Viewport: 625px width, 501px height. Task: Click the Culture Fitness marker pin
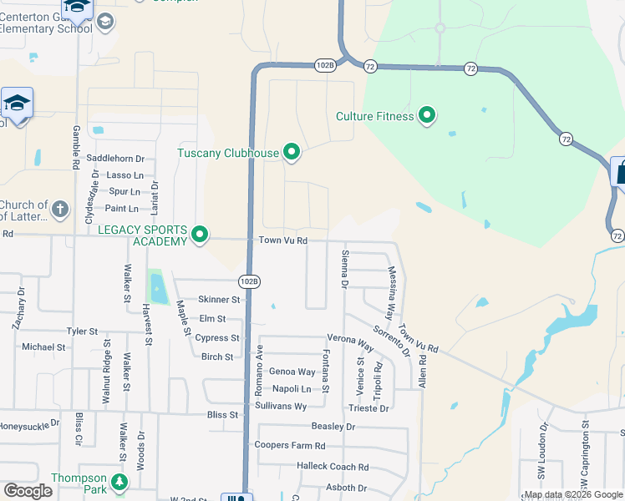427,115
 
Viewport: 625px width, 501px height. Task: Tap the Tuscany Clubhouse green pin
292,152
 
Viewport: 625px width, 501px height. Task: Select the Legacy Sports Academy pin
199,235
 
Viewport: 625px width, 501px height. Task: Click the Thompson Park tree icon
120,483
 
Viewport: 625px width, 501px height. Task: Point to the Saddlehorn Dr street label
116,158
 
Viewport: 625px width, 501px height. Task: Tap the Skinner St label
219,300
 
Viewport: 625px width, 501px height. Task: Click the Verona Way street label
350,343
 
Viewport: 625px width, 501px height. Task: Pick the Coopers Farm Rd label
290,446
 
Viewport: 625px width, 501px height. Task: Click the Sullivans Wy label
282,407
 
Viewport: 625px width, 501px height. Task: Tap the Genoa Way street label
292,372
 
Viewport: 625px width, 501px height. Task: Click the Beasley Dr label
333,427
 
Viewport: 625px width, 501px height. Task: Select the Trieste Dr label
368,408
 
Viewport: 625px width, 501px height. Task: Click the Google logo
28,491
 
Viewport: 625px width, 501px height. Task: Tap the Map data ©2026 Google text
572,494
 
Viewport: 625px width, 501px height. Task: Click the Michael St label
43,347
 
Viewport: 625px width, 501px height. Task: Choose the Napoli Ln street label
292,389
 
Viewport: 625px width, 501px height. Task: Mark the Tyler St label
83,331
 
